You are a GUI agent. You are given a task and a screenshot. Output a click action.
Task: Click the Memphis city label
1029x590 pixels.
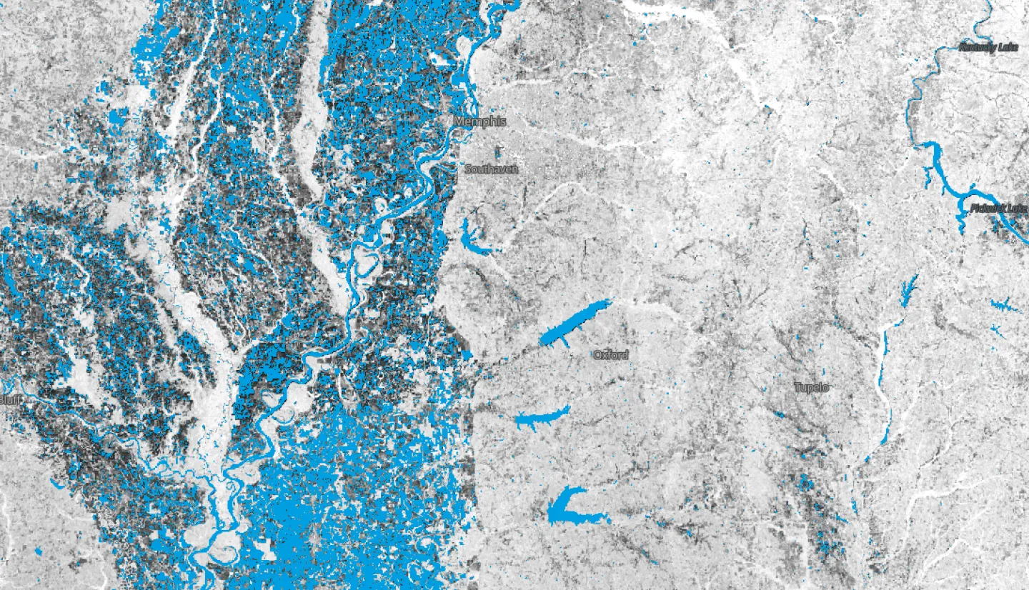(479, 121)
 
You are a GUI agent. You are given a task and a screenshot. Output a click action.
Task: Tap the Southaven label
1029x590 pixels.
(491, 169)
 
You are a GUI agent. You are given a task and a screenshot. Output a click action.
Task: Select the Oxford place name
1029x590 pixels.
(611, 355)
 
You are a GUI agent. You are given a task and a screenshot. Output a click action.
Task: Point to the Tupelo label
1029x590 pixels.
(812, 387)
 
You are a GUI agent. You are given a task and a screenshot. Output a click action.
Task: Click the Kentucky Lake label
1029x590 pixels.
(988, 47)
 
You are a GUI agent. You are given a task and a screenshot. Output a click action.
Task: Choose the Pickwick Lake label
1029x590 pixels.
(1000, 208)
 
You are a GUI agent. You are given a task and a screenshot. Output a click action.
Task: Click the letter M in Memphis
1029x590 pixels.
(459, 121)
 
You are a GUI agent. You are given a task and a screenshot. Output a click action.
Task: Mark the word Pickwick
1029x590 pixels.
(989, 208)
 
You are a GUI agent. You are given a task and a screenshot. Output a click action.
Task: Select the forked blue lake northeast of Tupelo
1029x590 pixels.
(909, 289)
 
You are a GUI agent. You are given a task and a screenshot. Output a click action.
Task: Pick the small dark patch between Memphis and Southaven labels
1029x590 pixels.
(498, 151)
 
